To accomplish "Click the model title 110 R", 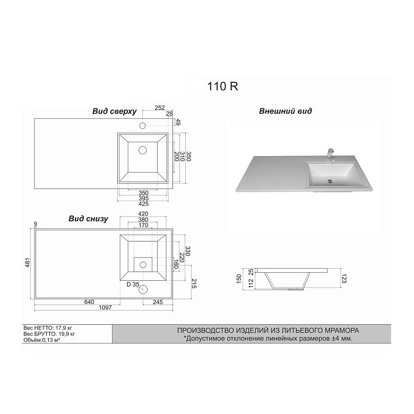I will tap(222, 87).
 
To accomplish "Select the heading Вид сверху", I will tap(115, 111).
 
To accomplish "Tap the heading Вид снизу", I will tap(88, 218).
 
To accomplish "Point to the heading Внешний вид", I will tap(286, 111).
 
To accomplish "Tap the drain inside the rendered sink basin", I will tap(330, 180).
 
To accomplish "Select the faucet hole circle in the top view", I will tap(143, 126).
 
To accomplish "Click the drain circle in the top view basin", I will tap(142, 150).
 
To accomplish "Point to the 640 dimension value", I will tap(89, 302).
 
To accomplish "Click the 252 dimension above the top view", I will tap(159, 108).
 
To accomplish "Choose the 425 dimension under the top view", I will tap(143, 203).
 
